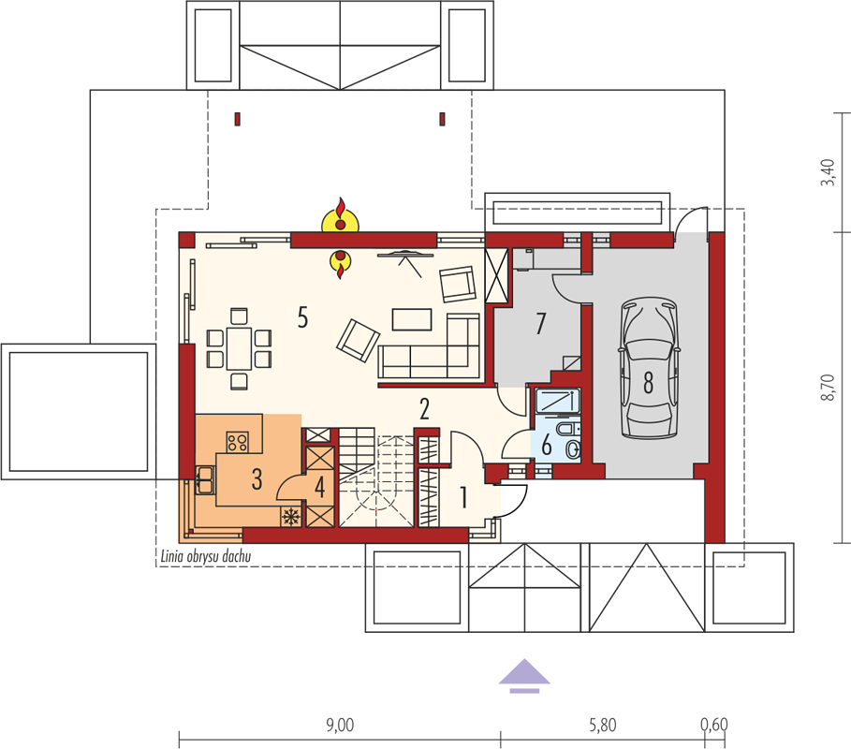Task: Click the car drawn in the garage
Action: [649, 367]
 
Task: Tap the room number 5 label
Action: [302, 317]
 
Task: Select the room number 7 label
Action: [540, 324]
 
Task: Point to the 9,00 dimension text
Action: [340, 725]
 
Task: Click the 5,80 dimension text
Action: [602, 725]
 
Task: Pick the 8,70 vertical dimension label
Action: [828, 388]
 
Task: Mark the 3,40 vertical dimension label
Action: [828, 172]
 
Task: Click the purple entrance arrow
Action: [524, 676]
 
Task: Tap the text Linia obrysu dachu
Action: [206, 556]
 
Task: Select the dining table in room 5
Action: [239, 348]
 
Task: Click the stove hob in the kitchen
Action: [237, 442]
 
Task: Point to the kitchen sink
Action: [205, 479]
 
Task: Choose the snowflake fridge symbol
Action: [291, 516]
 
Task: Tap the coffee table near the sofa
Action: [412, 319]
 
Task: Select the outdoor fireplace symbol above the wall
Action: [340, 216]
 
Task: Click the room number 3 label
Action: [257, 479]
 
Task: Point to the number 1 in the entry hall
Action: [463, 497]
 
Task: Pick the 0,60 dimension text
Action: [713, 725]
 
